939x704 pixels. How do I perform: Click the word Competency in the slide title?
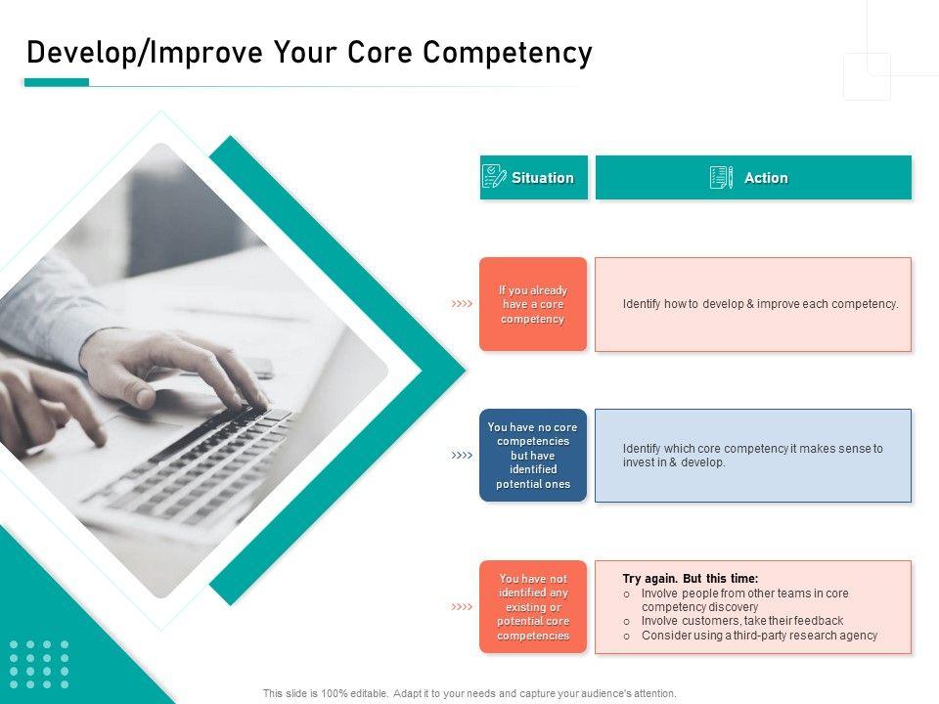[508, 53]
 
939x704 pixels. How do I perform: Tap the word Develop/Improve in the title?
[145, 52]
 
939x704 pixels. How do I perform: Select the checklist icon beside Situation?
[493, 177]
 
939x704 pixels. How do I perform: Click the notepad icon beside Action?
[721, 177]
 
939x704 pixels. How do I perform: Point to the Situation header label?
[543, 178]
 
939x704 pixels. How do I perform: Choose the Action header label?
[766, 178]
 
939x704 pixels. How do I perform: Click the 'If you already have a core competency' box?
[533, 304]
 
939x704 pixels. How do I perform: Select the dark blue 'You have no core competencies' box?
[533, 455]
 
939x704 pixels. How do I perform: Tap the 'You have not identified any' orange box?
[533, 606]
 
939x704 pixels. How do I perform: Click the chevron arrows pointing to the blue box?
[462, 455]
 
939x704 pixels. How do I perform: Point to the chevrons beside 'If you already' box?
[462, 303]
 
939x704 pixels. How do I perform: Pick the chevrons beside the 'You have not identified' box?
[462, 606]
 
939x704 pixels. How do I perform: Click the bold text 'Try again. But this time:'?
[691, 578]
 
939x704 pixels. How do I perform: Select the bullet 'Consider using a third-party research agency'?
[759, 636]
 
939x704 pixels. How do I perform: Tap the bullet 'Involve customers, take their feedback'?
[742, 621]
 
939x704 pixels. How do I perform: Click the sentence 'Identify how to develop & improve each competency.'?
[761, 304]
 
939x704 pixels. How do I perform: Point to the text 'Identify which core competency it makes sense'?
[753, 449]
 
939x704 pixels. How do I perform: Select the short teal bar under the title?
[57, 82]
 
